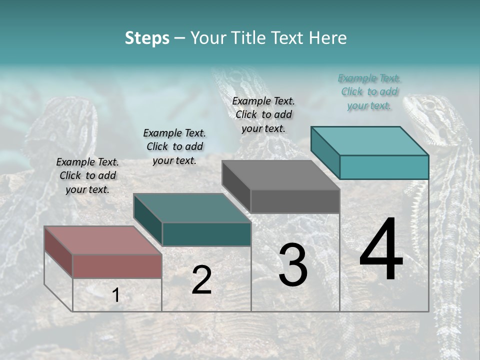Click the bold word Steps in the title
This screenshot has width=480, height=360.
(147, 38)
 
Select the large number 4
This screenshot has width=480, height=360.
(381, 250)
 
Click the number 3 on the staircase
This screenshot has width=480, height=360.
(293, 265)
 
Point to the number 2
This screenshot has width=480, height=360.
(201, 280)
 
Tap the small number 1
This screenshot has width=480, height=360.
(116, 295)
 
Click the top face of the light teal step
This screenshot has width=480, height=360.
(369, 140)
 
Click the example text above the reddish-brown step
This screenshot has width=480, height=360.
(87, 176)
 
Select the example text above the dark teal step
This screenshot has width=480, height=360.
(174, 146)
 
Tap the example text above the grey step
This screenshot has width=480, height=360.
(263, 114)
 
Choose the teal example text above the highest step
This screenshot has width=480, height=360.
(369, 91)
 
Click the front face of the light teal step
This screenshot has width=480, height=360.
(384, 167)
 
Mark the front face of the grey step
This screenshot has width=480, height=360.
(295, 201)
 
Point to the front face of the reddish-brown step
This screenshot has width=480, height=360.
(117, 266)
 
